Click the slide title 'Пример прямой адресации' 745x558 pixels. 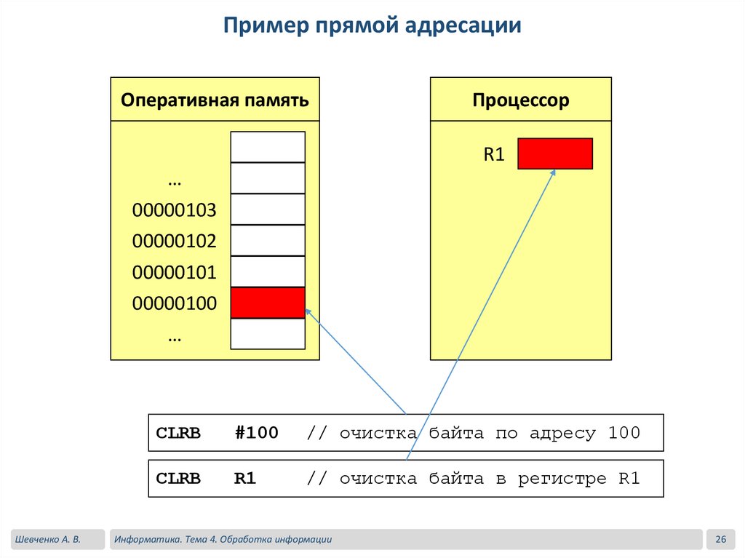[x=372, y=26]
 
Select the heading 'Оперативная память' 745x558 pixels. [x=215, y=100]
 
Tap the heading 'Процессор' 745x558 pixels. [x=520, y=100]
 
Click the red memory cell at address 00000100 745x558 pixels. [x=268, y=303]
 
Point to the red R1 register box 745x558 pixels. [x=555, y=154]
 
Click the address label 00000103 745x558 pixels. [x=175, y=211]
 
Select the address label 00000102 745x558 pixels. [x=175, y=242]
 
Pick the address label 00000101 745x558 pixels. [x=175, y=273]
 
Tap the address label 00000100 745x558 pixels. [x=175, y=303]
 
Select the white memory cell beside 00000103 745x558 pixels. [x=268, y=209]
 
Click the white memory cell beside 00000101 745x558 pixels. [x=268, y=271]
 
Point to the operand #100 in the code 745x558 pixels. [x=256, y=433]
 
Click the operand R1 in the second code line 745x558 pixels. [x=245, y=479]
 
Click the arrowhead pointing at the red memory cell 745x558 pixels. [x=308, y=311]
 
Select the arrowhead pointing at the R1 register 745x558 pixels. [x=553, y=172]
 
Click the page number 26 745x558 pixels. [x=721, y=539]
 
